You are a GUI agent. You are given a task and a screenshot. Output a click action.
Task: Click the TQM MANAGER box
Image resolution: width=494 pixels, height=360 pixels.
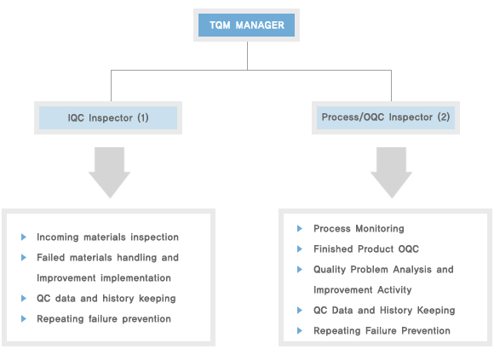246,26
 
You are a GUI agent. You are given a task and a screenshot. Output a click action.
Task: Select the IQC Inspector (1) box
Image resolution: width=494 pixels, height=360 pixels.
108,117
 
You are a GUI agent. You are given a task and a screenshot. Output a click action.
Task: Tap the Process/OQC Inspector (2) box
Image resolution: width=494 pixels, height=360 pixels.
386,117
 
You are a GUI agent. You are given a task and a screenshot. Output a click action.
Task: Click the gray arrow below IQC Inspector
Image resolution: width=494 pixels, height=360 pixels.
109,173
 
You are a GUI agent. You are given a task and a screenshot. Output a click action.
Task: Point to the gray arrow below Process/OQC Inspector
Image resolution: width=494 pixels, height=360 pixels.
391,173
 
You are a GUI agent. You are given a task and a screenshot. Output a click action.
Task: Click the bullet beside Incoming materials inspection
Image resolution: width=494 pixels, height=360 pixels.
24,237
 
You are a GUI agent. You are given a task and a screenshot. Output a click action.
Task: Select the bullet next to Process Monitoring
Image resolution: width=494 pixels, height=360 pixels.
300,228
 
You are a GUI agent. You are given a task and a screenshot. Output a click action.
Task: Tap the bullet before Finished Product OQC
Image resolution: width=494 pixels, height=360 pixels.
300,249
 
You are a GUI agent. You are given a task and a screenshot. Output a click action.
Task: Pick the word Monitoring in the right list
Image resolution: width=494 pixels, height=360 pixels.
380,229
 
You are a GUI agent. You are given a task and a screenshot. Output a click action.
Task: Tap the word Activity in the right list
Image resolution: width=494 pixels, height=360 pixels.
394,290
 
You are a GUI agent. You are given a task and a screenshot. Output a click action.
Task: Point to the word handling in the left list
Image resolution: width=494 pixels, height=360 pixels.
137,258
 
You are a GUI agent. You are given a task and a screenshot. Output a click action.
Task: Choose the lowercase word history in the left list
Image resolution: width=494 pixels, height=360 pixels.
118,299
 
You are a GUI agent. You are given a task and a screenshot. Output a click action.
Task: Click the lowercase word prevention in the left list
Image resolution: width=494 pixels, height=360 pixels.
146,319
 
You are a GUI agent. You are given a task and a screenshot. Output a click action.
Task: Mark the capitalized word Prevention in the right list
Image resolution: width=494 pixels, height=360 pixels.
426,331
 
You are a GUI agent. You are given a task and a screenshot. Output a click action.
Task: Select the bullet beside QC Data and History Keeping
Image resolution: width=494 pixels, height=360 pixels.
300,311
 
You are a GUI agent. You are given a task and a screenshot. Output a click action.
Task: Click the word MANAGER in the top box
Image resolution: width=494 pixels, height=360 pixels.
260,26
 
